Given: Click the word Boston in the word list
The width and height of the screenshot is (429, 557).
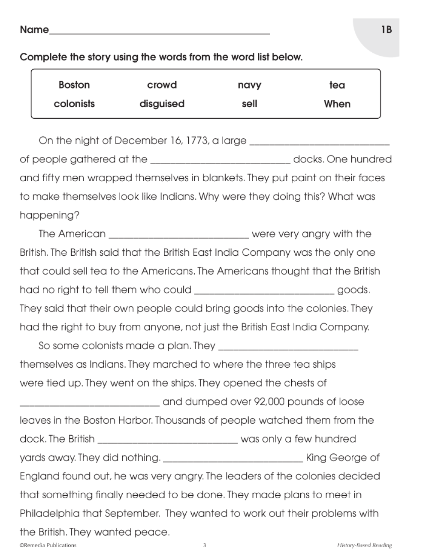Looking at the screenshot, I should pyautogui.click(x=74, y=85).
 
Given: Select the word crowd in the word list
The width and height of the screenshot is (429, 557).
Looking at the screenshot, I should pyautogui.click(x=162, y=85).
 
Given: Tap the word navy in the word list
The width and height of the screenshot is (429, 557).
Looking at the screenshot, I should pyautogui.click(x=249, y=85).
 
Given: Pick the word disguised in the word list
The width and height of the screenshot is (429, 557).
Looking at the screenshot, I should pyautogui.click(x=162, y=104).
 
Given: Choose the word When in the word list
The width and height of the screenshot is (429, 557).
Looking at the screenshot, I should pyautogui.click(x=337, y=104).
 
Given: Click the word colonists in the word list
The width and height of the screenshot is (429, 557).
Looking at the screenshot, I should pyautogui.click(x=74, y=104).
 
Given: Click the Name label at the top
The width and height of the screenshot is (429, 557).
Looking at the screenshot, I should pyautogui.click(x=34, y=30).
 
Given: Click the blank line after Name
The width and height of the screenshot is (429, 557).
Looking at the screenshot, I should pyautogui.click(x=160, y=31).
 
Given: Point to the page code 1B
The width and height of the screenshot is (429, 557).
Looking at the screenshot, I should pyautogui.click(x=386, y=30).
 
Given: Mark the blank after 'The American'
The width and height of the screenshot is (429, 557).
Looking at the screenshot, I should pyautogui.click(x=179, y=236).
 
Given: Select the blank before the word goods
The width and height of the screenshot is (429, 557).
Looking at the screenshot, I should pyautogui.click(x=264, y=292).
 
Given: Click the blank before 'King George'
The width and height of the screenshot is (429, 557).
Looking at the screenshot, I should pyautogui.click(x=233, y=460).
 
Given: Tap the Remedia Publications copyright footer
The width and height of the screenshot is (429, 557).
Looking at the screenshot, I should pyautogui.click(x=48, y=545).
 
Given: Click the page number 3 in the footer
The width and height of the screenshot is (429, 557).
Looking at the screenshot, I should pyautogui.click(x=205, y=545).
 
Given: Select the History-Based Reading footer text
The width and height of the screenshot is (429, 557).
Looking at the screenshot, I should pyautogui.click(x=364, y=545).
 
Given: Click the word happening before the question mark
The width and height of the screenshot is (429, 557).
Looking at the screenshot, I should pyautogui.click(x=47, y=216).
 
